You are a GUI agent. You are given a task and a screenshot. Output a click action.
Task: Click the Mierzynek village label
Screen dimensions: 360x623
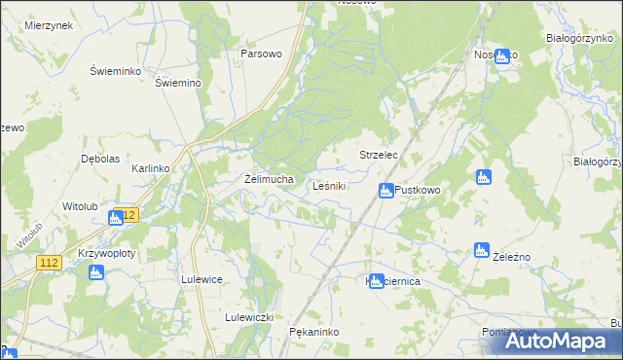50,25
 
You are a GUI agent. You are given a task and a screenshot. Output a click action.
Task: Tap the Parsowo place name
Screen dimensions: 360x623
261,54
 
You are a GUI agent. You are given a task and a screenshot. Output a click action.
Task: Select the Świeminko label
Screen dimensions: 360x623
116,72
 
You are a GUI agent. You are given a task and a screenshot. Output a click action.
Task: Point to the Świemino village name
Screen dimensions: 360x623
178,83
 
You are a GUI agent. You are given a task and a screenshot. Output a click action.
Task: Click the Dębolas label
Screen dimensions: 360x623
100,159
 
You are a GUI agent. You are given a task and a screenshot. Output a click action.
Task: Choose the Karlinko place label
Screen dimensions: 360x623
151,168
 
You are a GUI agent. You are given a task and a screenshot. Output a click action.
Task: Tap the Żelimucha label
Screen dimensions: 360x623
268,179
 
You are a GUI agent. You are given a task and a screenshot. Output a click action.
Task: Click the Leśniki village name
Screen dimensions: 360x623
331,186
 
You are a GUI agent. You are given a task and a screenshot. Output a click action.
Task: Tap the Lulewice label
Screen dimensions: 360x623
202,279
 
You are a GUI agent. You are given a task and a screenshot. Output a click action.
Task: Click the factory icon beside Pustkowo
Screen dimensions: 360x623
385,191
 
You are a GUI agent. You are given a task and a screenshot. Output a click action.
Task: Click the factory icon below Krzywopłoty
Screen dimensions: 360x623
95,272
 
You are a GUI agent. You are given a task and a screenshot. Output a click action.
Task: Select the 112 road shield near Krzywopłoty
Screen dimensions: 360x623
52,263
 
